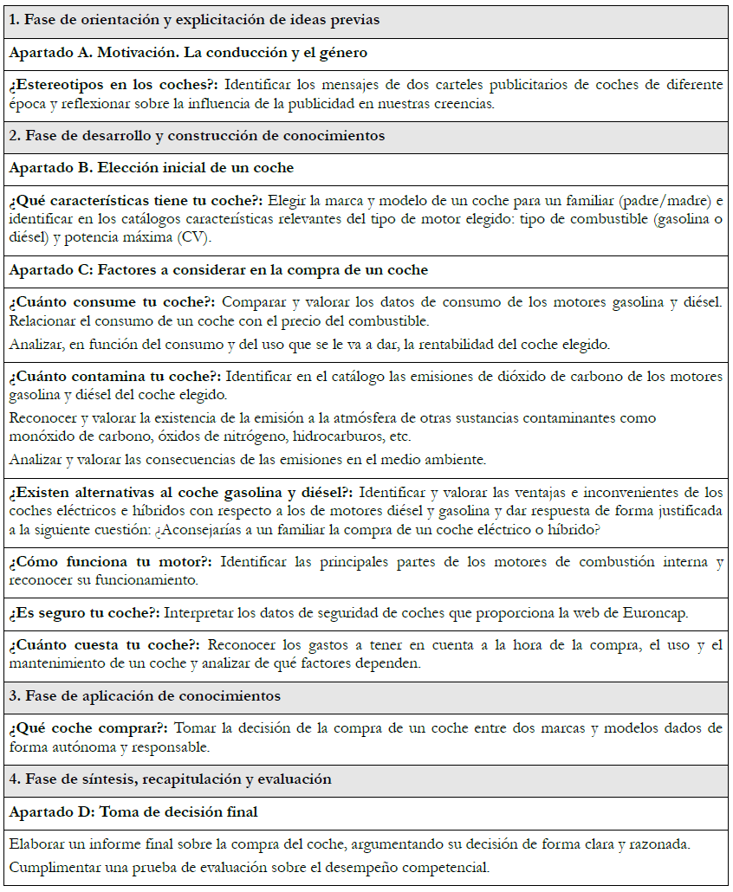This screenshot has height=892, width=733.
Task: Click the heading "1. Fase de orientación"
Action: pos(194,19)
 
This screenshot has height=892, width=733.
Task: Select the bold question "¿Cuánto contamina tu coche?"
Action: pos(116,377)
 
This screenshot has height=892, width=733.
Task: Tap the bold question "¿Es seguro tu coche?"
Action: pos(84,613)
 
